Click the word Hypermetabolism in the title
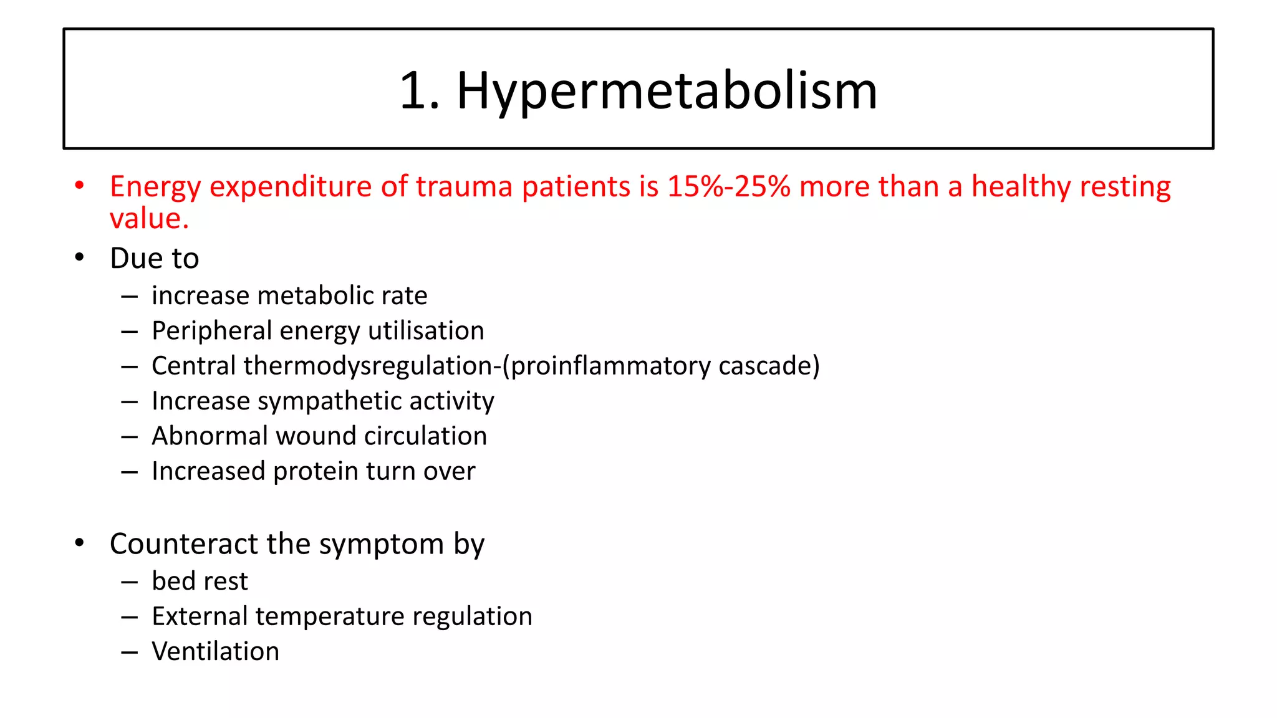pyautogui.click(x=667, y=92)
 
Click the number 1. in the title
pyautogui.click(x=419, y=92)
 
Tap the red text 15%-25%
pyautogui.click(x=728, y=186)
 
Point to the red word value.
pyautogui.click(x=149, y=219)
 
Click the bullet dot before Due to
pyautogui.click(x=79, y=257)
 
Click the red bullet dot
pyautogui.click(x=79, y=185)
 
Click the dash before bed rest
pyautogui.click(x=130, y=582)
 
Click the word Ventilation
pyautogui.click(x=215, y=651)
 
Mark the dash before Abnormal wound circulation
pyautogui.click(x=130, y=437)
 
